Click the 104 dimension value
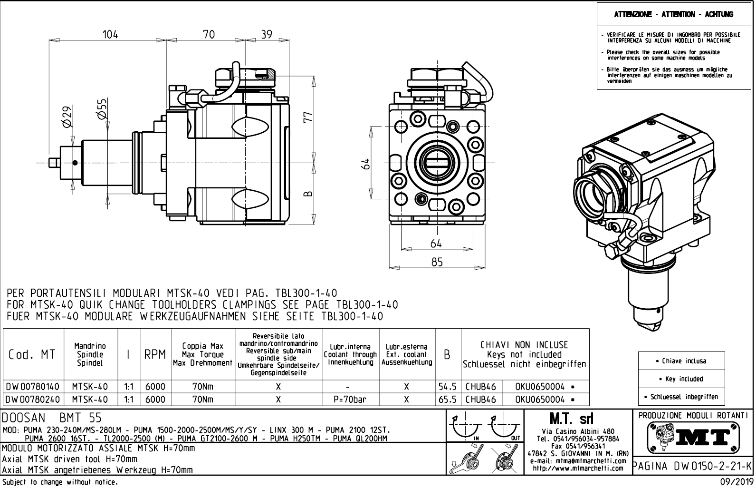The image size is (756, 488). click(110, 35)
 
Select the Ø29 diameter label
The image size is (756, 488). click(67, 117)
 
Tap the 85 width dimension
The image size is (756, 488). click(436, 262)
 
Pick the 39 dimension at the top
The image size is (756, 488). click(267, 35)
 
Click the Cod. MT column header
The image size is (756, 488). click(31, 355)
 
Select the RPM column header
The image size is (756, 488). click(155, 355)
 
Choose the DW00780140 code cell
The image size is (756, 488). click(32, 387)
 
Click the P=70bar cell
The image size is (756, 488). click(351, 400)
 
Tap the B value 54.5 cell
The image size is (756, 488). click(447, 387)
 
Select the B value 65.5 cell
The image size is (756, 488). click(447, 400)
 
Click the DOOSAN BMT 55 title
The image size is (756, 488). click(52, 418)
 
